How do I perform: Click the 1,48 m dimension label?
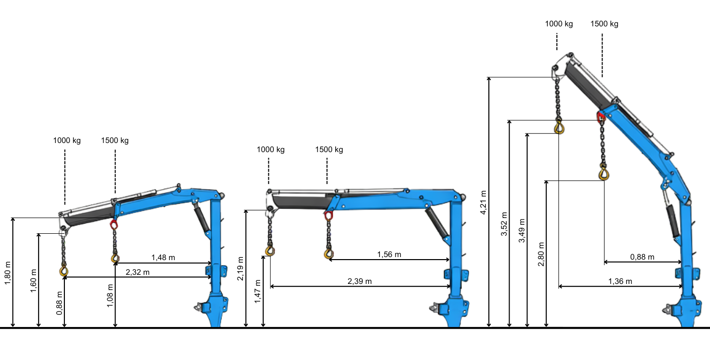coord(163,258)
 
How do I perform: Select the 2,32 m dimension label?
coord(137,272)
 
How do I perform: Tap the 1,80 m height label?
coord(7,273)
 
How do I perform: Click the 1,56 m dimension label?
coord(389,254)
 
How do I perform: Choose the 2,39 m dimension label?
coord(360,281)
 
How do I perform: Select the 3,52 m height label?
coord(504,224)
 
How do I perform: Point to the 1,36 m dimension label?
coord(620,281)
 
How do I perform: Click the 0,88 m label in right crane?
coord(642,257)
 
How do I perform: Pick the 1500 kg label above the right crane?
coord(604,24)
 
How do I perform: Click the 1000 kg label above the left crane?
coord(67,140)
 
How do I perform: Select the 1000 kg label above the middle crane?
coord(270,150)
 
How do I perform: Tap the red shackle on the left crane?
coord(114,224)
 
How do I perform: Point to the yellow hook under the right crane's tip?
coord(559,127)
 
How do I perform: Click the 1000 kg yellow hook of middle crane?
coord(270,251)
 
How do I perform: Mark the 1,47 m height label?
coord(258,292)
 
